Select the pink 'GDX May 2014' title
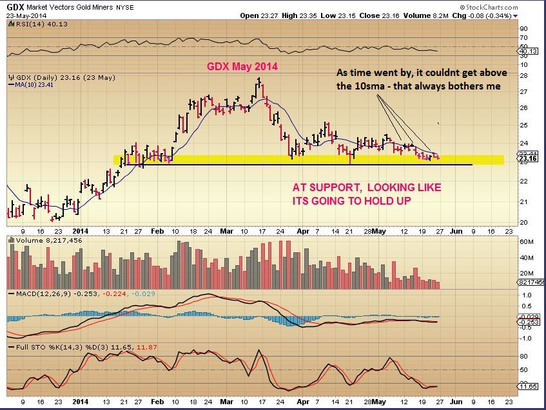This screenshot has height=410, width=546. coord(242,66)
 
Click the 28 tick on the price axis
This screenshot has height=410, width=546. coord(524,75)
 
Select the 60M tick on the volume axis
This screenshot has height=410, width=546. coord(526,242)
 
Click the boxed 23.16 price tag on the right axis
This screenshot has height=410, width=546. coord(527,158)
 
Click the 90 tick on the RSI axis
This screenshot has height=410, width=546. coord(524,28)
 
